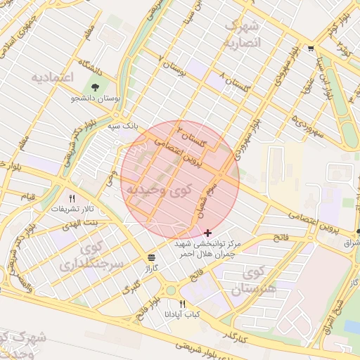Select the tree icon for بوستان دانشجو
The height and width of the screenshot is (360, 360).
pos(95,87)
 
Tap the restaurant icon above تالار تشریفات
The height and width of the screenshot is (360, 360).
pos(71,198)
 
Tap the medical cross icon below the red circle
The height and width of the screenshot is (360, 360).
pos(207,232)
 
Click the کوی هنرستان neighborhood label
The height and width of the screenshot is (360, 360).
pos(257,280)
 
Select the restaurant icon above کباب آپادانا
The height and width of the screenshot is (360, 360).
pos(182,303)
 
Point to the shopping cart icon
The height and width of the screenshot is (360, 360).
pos(310,49)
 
